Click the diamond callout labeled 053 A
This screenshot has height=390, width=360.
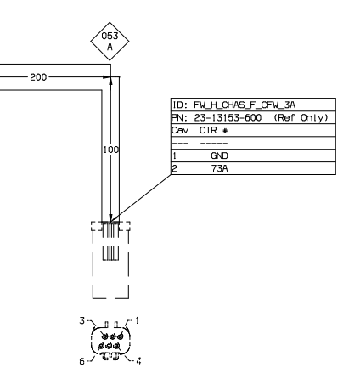click(x=110, y=42)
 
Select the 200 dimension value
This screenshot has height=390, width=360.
click(x=38, y=77)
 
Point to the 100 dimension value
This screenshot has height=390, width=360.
click(x=111, y=150)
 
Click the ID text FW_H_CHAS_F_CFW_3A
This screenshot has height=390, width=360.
click(x=245, y=105)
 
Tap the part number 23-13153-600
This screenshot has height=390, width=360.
click(x=228, y=117)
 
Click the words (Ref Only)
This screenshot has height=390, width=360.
click(x=301, y=117)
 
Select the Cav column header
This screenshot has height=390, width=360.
click(x=180, y=130)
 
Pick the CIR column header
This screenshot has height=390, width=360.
click(x=208, y=130)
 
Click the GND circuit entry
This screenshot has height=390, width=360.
click(x=219, y=155)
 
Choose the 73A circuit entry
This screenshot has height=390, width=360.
click(x=219, y=168)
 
